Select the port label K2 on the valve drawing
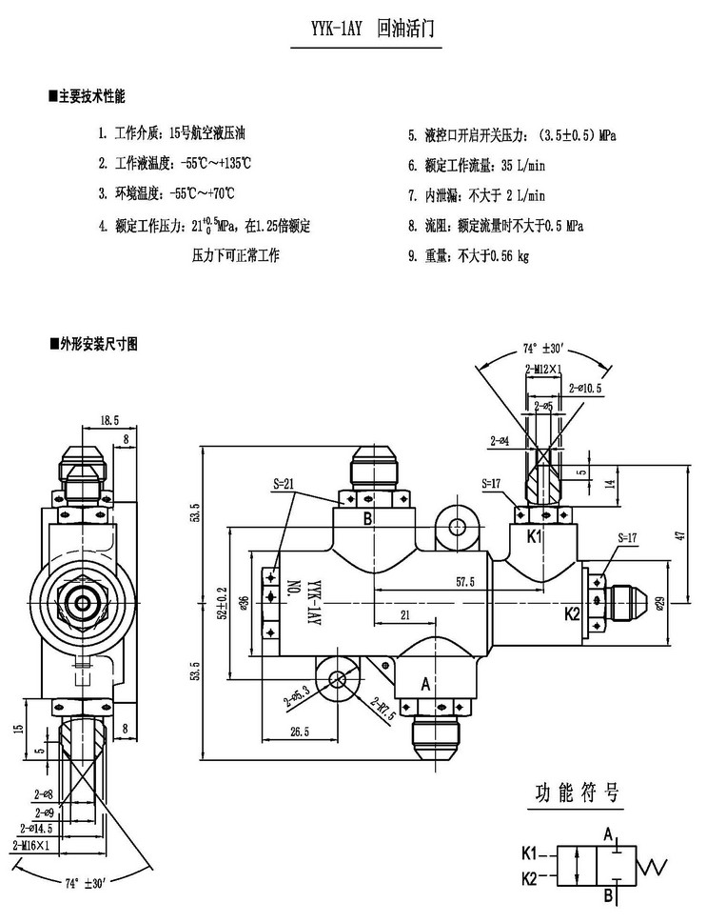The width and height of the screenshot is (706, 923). pos(572,613)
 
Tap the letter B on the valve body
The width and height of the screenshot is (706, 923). pos(366,520)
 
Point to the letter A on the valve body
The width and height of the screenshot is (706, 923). pos(424,682)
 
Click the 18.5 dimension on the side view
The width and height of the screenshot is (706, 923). pos(108,419)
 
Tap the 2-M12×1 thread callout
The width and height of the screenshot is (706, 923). pos(544,368)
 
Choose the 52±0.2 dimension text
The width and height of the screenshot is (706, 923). pos(222,604)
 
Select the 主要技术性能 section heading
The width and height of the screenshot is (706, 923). pos(91,97)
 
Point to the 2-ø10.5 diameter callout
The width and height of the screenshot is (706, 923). pos(585,389)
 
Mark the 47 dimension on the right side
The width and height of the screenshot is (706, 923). pos(679,535)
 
